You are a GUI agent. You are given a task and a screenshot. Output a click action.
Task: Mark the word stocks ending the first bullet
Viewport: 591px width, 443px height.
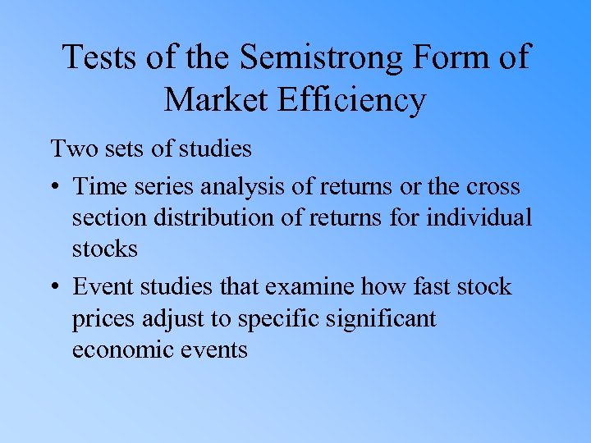click(x=104, y=249)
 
